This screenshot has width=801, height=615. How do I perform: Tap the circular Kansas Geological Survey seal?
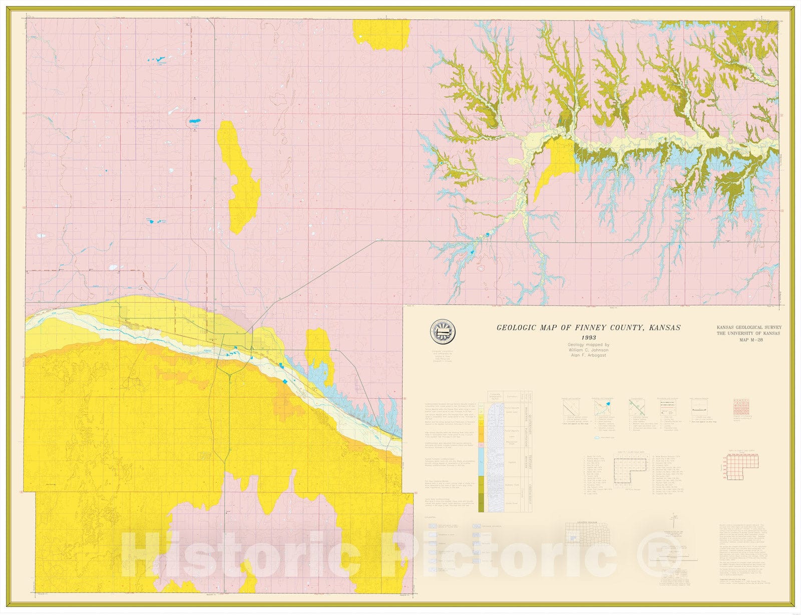443,331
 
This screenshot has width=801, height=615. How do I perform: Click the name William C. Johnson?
588,350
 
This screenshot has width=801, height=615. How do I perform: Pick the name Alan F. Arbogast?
588,356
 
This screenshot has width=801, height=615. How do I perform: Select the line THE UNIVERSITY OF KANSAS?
748,334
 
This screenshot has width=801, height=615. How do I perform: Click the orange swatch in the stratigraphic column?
481,438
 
